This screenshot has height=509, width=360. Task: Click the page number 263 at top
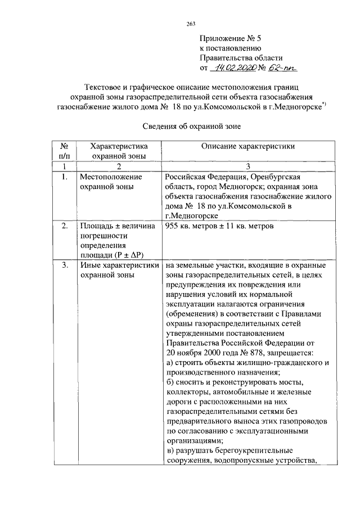click(x=190, y=23)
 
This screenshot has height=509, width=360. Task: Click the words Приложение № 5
click(x=231, y=38)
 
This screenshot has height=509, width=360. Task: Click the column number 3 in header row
click(x=248, y=166)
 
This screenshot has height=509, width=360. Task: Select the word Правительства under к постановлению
click(x=228, y=58)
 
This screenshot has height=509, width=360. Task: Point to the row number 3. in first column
click(x=65, y=265)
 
